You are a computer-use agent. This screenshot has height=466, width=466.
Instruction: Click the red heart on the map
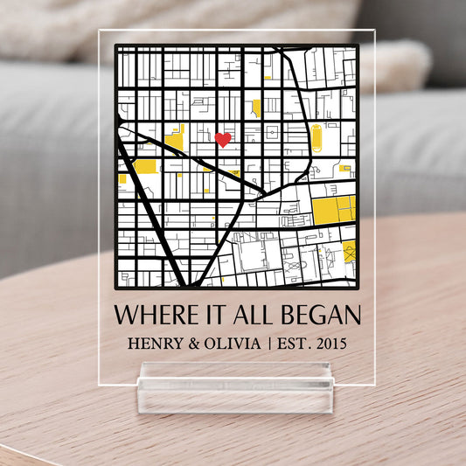click(223, 139)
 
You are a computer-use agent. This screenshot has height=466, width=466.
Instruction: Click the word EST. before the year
click(289, 343)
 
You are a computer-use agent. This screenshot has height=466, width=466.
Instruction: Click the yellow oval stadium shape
click(316, 138)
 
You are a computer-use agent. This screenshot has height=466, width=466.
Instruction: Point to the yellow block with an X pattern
click(349, 251)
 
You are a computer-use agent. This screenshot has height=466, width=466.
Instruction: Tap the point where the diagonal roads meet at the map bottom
click(187, 283)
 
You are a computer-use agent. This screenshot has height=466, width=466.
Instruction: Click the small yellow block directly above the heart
click(256, 108)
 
